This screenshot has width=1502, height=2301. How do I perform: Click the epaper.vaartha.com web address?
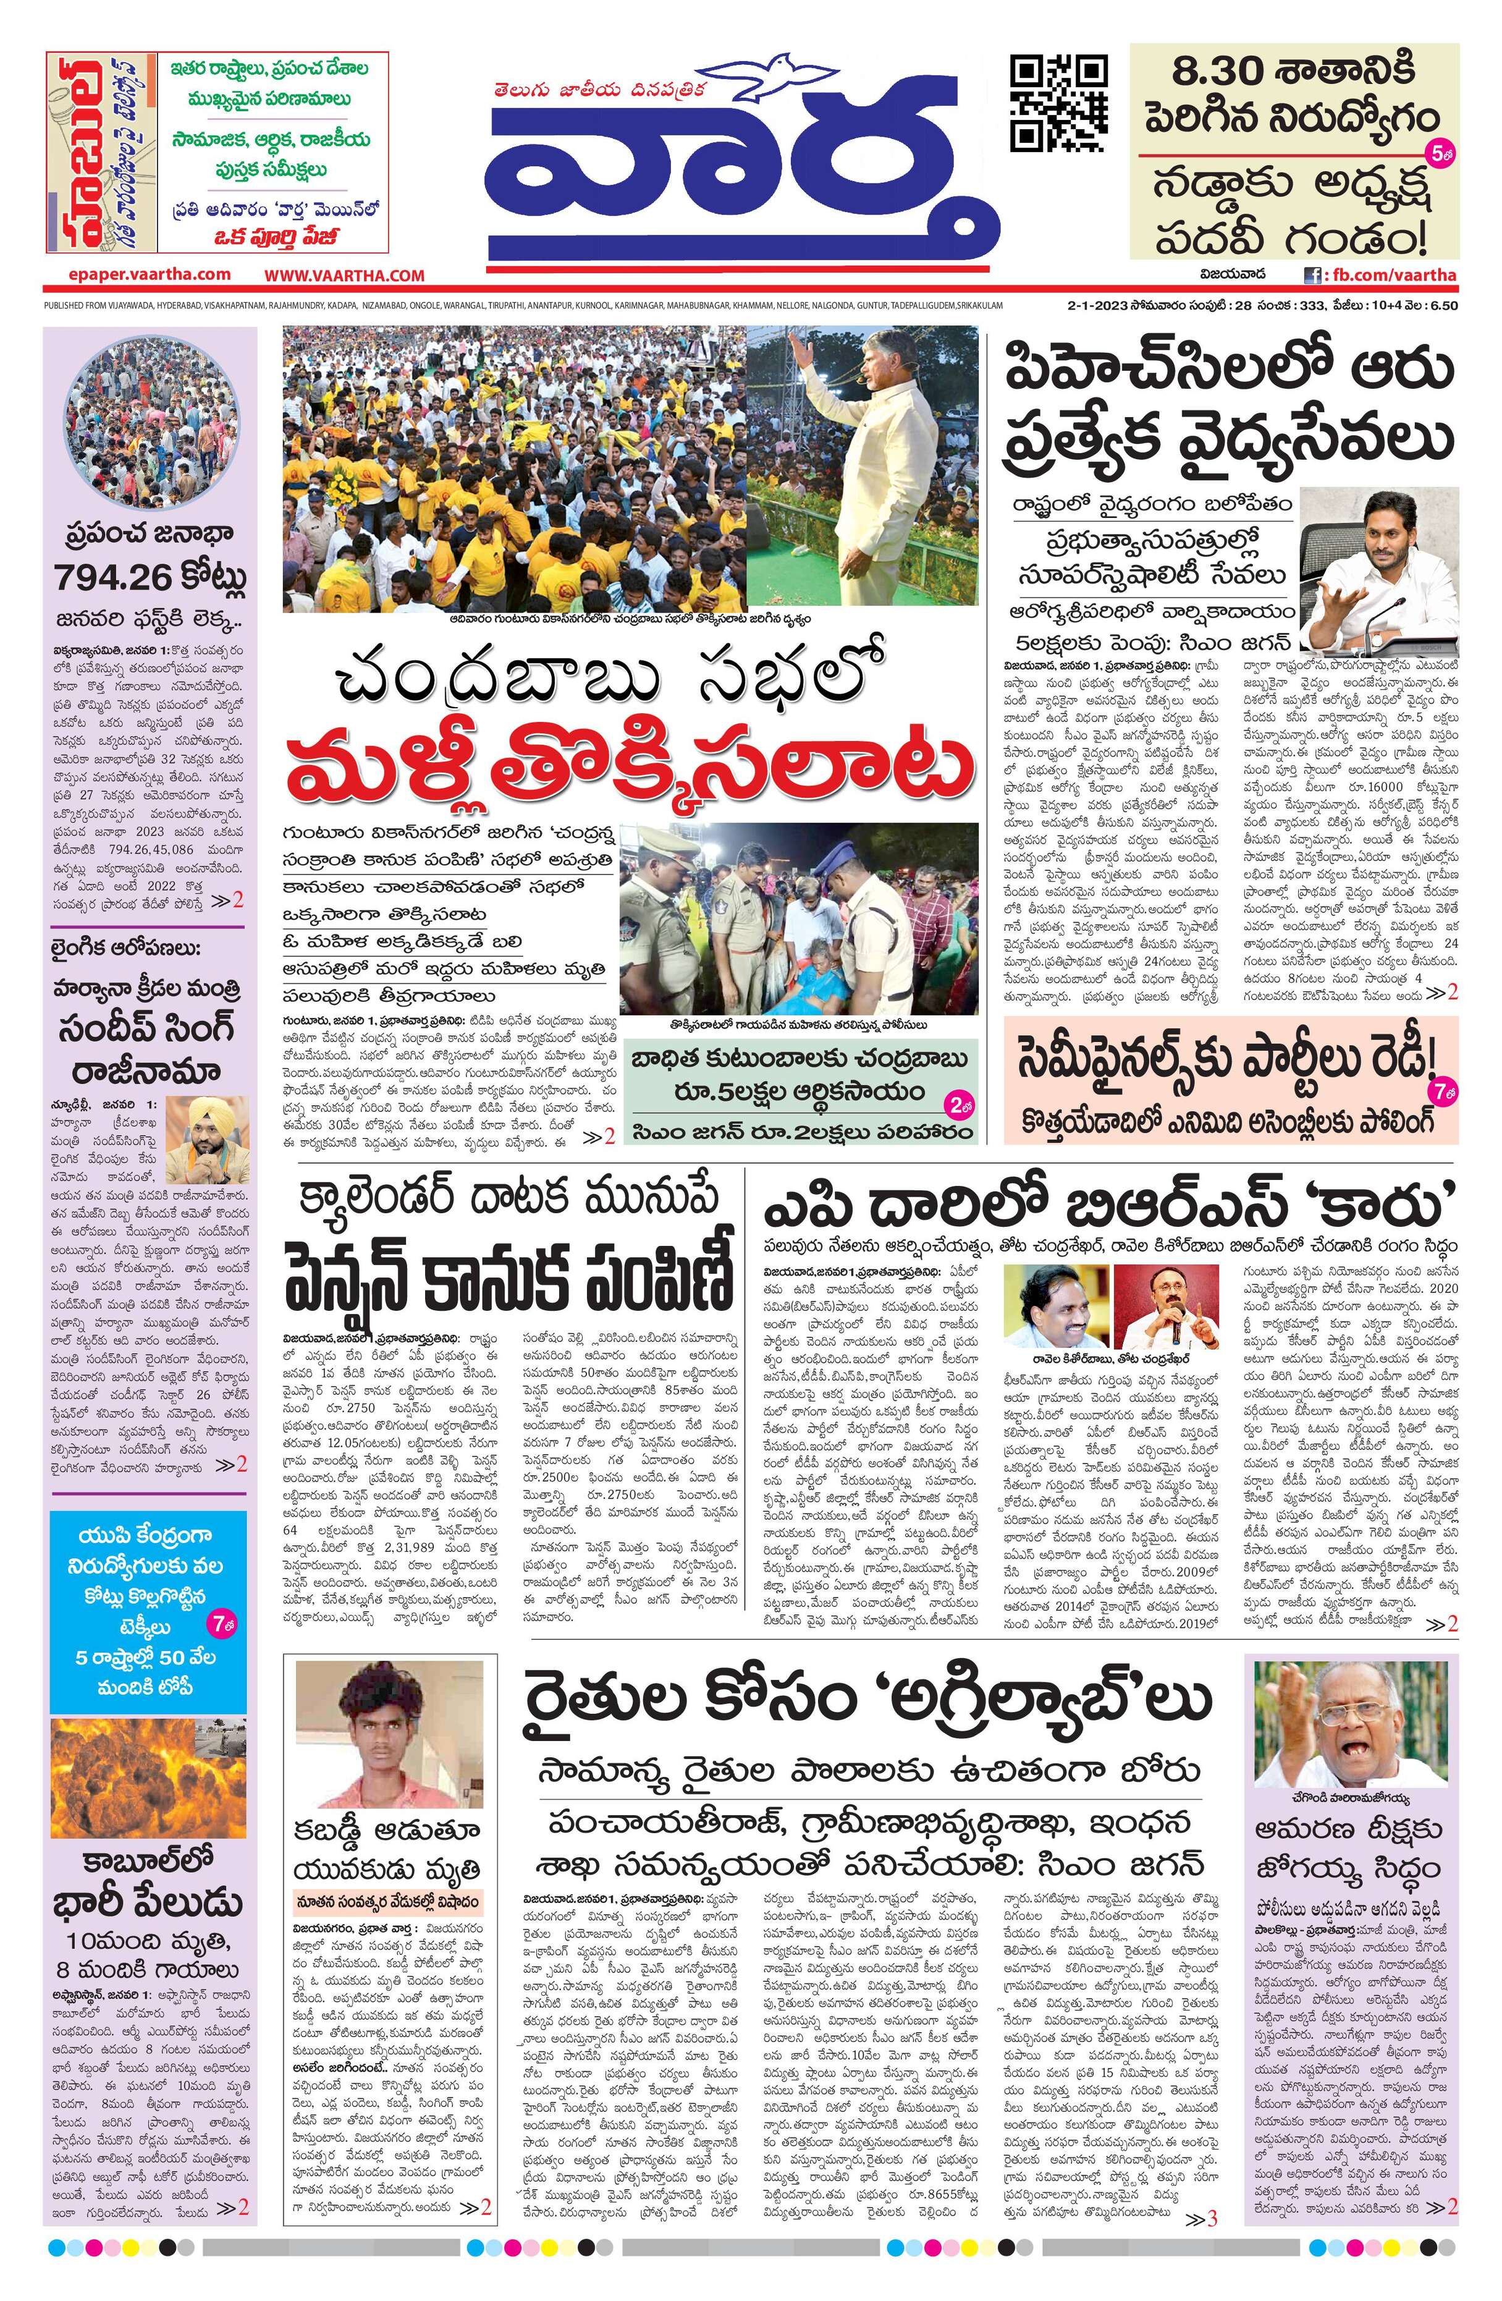pos(150,274)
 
